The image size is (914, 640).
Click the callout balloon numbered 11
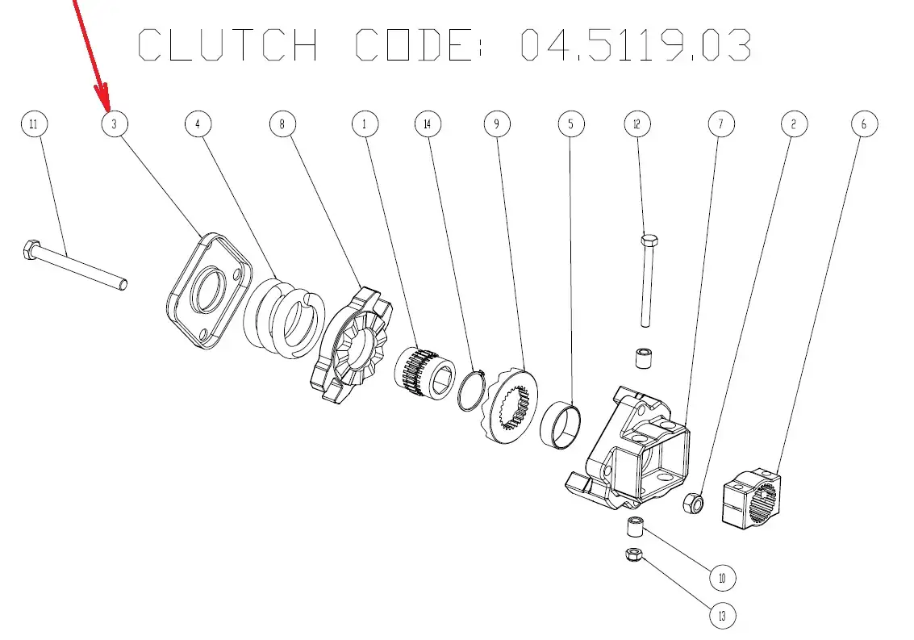pos(33,124)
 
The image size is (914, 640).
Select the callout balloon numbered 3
pos(115,124)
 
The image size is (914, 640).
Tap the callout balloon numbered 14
pos(428,124)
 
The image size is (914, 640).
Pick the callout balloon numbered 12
pos(637,124)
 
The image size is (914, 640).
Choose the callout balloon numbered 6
pos(864,124)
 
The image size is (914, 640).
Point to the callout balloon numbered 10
pos(722,578)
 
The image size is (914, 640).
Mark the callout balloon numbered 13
pos(722,617)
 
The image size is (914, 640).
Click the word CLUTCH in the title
pos(228,45)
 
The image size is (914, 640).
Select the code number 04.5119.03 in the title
pos(636,45)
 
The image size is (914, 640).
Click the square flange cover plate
pos(206,291)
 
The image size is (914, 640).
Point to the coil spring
pos(284,317)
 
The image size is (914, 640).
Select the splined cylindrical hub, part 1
pos(426,371)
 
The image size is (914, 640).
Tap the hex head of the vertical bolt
pos(649,240)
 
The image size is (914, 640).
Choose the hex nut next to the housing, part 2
pos(693,504)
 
